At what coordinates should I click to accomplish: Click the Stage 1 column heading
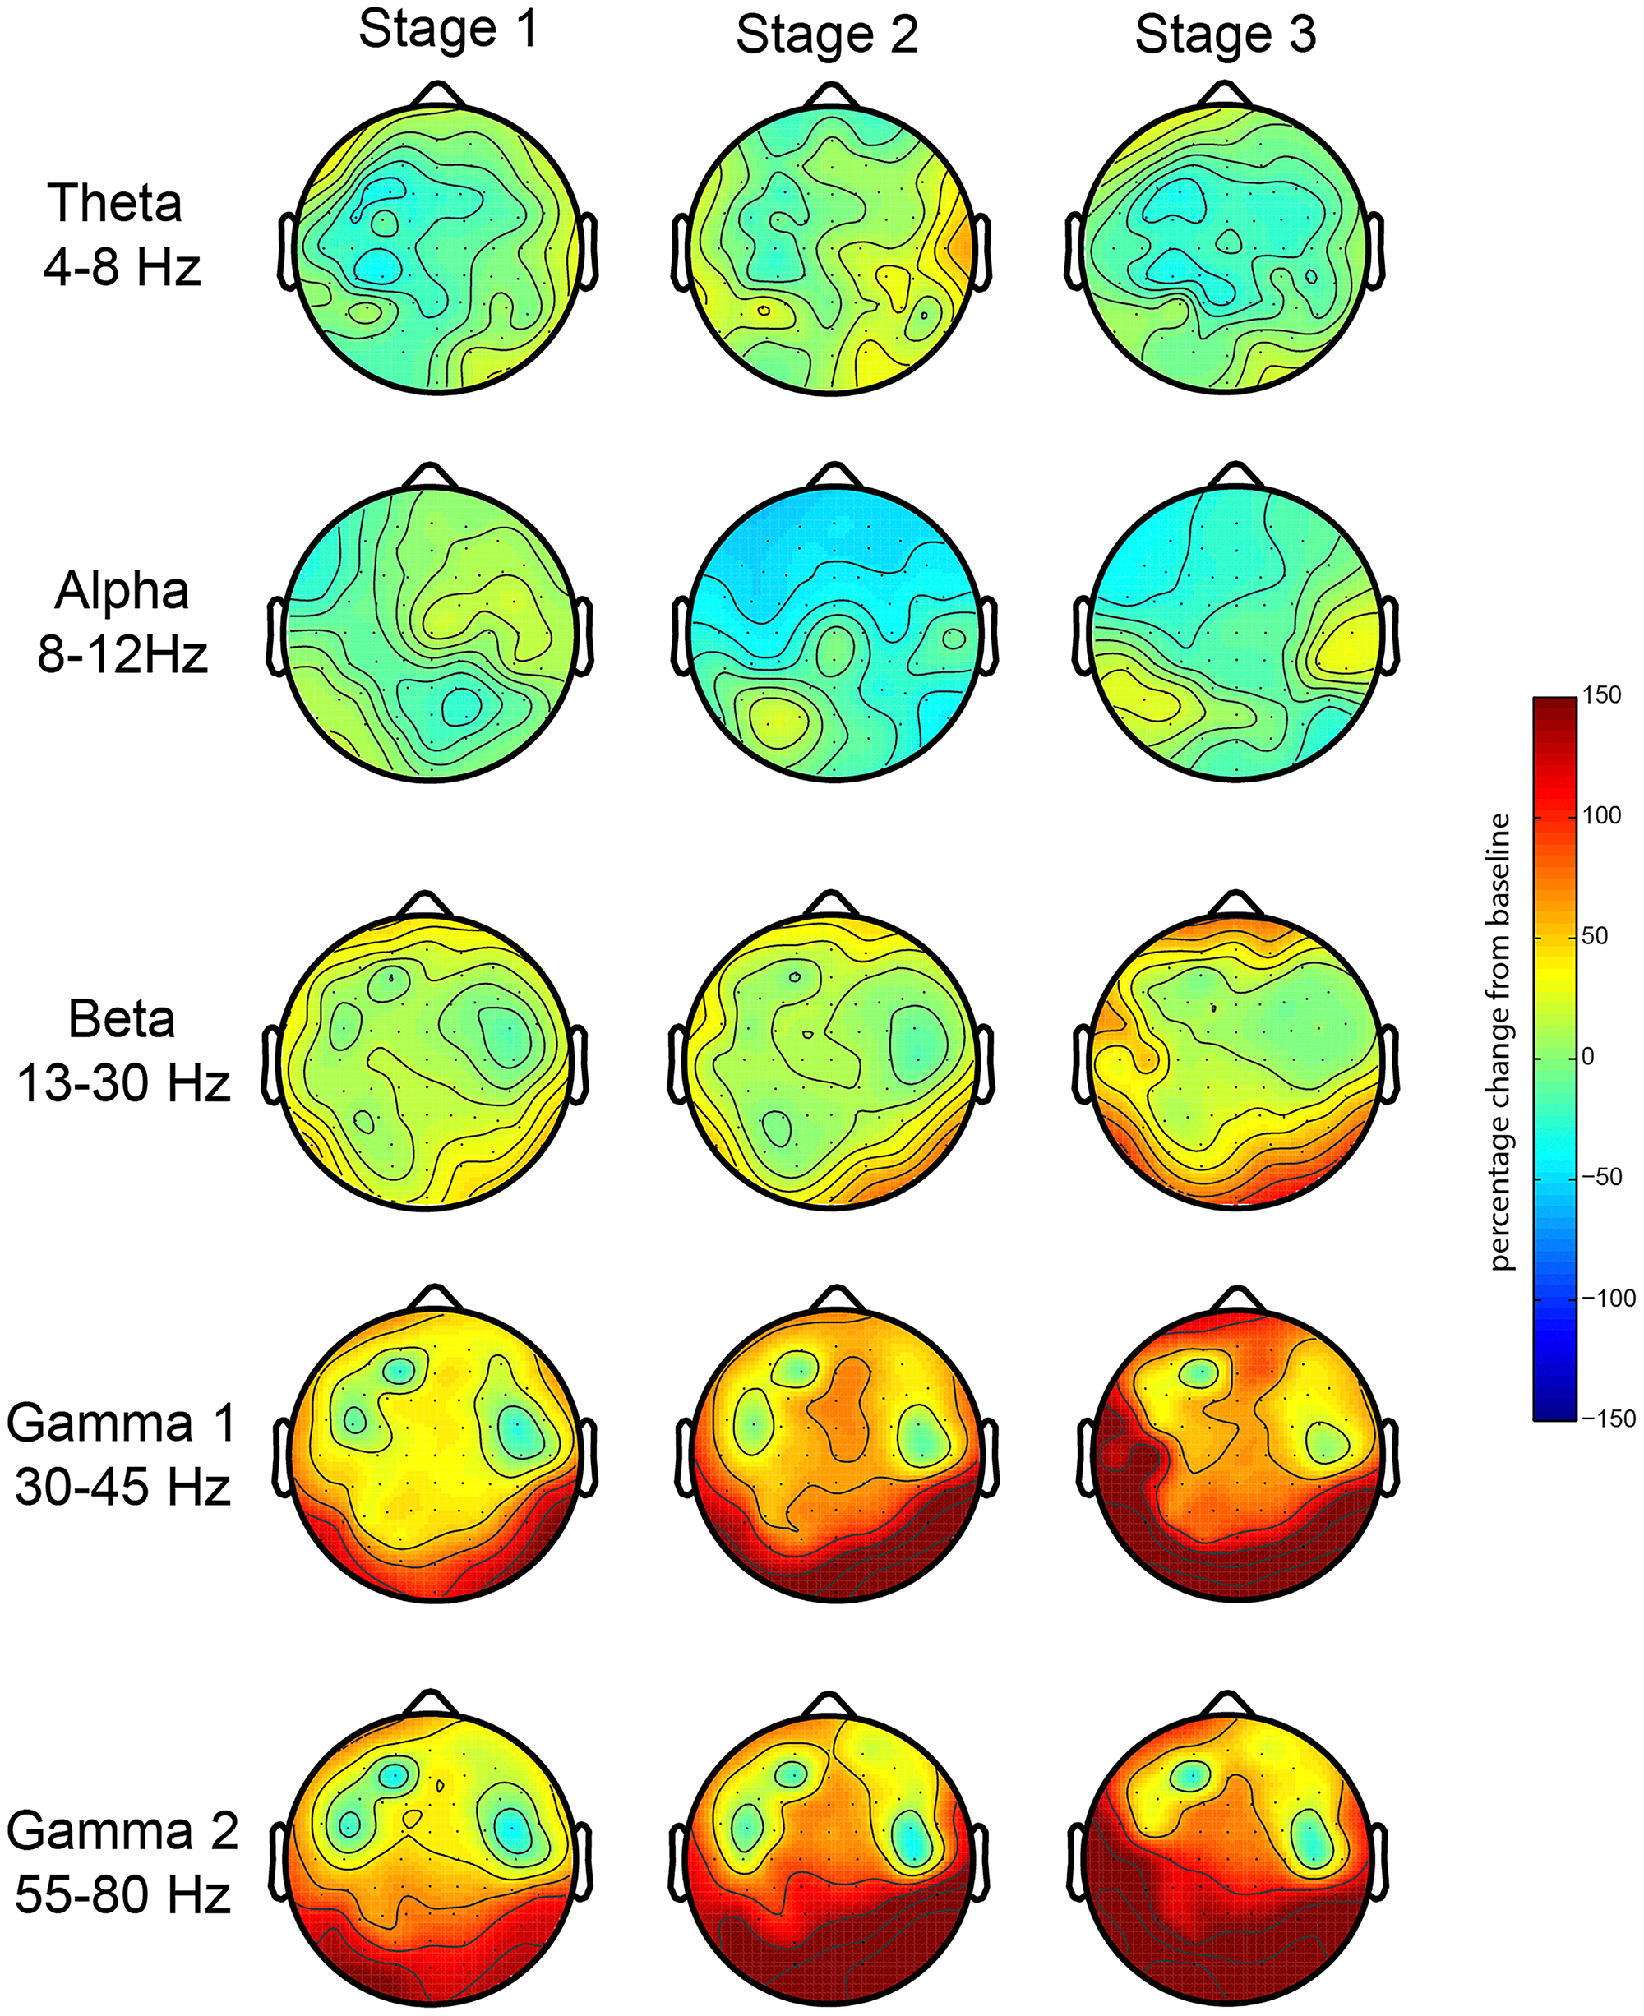coord(448,30)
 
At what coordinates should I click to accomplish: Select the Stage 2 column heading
coord(827,36)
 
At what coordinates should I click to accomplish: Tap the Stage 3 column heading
coord(1226,36)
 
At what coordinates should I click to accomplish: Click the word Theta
coord(114,204)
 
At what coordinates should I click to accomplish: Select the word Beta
coord(122,1020)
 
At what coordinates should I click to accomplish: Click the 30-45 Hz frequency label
coord(122,1488)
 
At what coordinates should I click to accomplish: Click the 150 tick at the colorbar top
coord(1601,695)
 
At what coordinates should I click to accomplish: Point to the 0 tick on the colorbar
coord(1589,1057)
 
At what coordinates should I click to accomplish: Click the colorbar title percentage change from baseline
coord(1500,1040)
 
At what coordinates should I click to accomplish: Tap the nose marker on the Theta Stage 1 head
coord(436,95)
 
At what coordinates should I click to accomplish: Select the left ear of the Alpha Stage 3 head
coord(1083,636)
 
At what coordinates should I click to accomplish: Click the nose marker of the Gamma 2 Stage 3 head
coord(1226,1705)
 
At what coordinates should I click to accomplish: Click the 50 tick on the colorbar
coord(1595,935)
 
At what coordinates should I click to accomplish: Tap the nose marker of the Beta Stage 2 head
coord(830,904)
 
